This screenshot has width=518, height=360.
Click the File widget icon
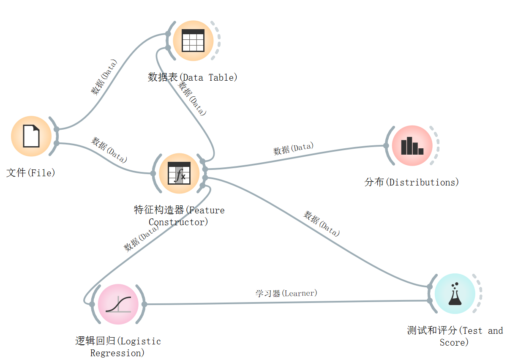[x=31, y=136]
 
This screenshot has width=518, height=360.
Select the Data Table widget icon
[x=193, y=41]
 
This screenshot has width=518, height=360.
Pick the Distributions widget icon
[x=412, y=146]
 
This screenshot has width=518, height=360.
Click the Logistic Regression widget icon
[x=118, y=304]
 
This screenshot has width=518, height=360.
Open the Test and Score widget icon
[x=455, y=294]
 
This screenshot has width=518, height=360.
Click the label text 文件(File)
[x=31, y=173]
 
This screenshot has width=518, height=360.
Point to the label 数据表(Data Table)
[x=192, y=77]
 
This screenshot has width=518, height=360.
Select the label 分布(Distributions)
[x=412, y=183]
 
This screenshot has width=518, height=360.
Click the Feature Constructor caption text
[x=179, y=216]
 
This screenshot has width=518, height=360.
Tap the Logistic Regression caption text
[x=118, y=347]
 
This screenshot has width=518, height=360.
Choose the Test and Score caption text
[x=455, y=336]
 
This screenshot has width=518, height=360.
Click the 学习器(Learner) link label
[x=286, y=293]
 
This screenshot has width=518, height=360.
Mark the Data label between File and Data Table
[x=104, y=77]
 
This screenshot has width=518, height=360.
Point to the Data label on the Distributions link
[x=293, y=149]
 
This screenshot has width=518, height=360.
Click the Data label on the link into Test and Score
[x=322, y=224]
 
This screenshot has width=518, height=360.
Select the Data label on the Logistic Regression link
[x=141, y=238]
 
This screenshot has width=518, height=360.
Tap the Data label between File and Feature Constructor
[x=109, y=150]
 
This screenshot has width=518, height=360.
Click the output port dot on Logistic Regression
[x=144, y=304]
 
